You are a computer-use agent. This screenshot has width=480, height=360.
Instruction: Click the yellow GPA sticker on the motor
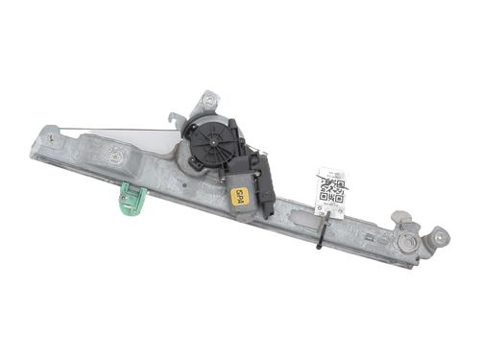(x=240, y=195)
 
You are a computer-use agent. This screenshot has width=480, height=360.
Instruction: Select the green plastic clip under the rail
(x=132, y=199)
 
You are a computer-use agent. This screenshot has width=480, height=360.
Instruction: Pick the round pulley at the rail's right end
(x=412, y=244)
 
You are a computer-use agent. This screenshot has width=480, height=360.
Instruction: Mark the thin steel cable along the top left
(x=115, y=131)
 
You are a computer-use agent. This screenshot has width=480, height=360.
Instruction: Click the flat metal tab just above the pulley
(x=401, y=217)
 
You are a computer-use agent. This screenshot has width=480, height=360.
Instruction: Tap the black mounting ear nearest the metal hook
(x=189, y=126)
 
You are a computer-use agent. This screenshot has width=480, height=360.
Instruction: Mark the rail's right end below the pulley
(x=408, y=261)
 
